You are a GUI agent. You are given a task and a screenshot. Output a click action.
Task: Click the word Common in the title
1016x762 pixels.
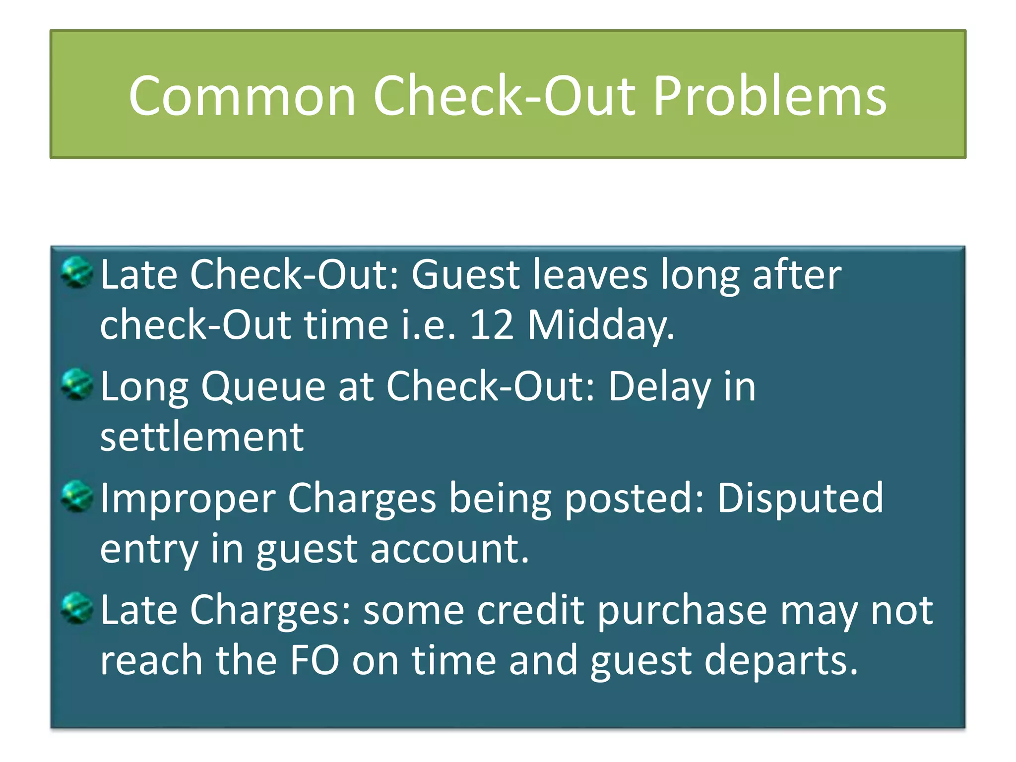[242, 96]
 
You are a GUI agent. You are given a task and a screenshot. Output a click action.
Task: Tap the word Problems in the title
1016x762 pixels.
[769, 96]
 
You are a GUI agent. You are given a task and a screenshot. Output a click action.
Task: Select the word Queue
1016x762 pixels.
[263, 387]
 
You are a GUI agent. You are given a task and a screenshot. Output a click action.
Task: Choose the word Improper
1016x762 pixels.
[188, 499]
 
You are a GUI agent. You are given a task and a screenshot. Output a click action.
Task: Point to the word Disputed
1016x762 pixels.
[800, 499]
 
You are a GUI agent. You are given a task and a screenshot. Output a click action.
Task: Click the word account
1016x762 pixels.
[449, 549]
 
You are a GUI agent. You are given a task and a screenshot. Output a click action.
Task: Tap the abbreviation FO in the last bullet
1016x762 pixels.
[315, 660]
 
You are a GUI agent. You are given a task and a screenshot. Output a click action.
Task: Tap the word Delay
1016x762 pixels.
[659, 387]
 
